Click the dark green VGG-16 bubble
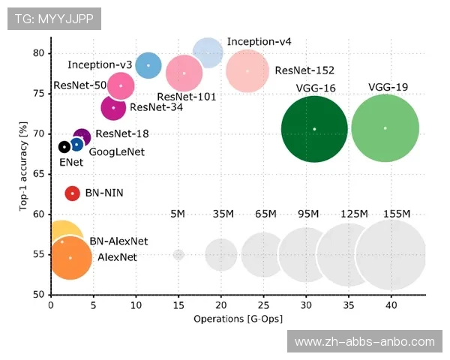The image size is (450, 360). pyautogui.click(x=314, y=129)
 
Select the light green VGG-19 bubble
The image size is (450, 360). pyautogui.click(x=385, y=128)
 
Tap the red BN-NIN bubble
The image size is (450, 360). pyautogui.click(x=72, y=193)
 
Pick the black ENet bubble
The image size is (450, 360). pyautogui.click(x=64, y=146)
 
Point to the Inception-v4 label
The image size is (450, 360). pyautogui.click(x=259, y=41)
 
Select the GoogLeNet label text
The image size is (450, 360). pyautogui.click(x=116, y=152)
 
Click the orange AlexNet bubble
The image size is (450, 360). pyautogui.click(x=70, y=257)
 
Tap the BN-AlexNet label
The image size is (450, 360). pyautogui.click(x=118, y=241)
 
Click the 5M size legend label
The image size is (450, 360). pyautogui.click(x=178, y=214)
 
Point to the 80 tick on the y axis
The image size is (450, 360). pyautogui.click(x=38, y=52)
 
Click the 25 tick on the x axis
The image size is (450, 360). pyautogui.click(x=263, y=305)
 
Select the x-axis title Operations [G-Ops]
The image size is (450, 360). pyautogui.click(x=238, y=319)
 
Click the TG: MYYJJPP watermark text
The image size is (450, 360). pyautogui.click(x=53, y=19)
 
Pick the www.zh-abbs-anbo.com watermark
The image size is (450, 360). pyautogui.click(x=364, y=341)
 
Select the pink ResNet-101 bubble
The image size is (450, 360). pyautogui.click(x=184, y=73)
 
